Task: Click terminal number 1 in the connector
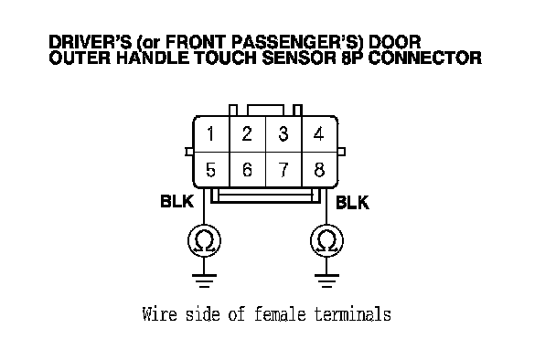coord(211,134)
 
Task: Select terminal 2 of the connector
coord(247,134)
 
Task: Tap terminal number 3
coord(283,134)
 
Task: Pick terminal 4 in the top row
coord(319,134)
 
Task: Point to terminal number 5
coord(210,170)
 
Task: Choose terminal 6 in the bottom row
coord(247,170)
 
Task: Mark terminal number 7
coord(283,170)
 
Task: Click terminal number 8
coord(319,170)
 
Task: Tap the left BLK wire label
coord(176,201)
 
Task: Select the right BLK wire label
coord(352,203)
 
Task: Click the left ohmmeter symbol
coord(204,241)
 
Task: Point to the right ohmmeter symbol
coord(326,241)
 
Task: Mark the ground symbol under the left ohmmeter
coord(204,281)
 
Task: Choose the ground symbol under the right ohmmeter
coord(326,281)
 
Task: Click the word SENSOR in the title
coord(298,58)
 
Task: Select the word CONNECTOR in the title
coord(425,58)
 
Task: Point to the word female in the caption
coord(280,314)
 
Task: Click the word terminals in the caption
coord(353,314)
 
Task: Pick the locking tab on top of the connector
coord(265,111)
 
